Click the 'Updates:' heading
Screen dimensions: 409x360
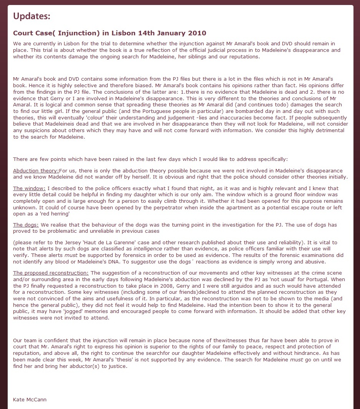[x=32, y=16]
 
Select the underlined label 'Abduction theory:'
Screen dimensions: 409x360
[x=36, y=171]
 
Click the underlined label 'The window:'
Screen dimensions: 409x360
[x=29, y=188]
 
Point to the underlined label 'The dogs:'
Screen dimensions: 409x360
[x=26, y=225]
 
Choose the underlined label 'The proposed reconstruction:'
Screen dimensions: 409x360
[x=51, y=273]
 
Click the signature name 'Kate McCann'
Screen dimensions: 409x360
[x=30, y=399]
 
